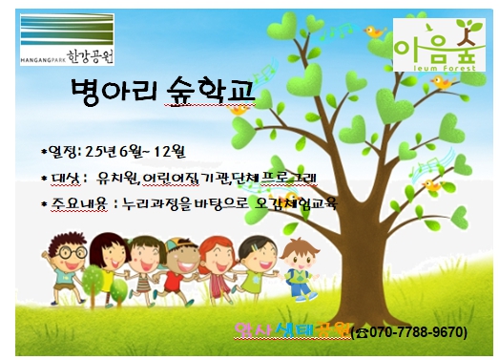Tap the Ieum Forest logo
point(438,43)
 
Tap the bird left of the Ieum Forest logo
point(375,34)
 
